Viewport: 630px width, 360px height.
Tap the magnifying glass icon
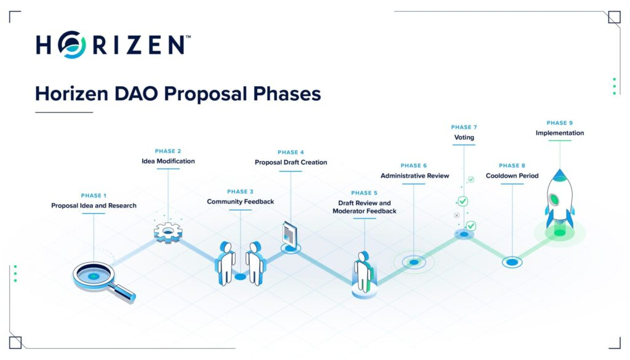point(103,281)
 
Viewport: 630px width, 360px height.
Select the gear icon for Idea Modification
point(168,232)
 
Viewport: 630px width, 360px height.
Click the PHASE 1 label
point(94,196)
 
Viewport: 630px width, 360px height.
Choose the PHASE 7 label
point(464,127)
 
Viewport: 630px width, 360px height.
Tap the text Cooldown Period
point(512,175)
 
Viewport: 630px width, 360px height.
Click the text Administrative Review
point(415,175)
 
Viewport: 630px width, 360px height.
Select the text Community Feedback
point(241,202)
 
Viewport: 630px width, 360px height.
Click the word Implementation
point(560,133)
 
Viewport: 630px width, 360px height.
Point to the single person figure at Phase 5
point(364,272)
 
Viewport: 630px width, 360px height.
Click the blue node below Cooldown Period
point(512,262)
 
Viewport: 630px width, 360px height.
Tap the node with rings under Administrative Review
point(414,262)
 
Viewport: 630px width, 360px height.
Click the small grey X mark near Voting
point(457,215)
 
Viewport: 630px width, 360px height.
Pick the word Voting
point(464,137)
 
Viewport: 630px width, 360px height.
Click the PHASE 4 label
point(290,152)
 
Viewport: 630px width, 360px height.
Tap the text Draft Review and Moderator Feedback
point(364,207)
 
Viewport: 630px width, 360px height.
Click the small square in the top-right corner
point(615,17)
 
